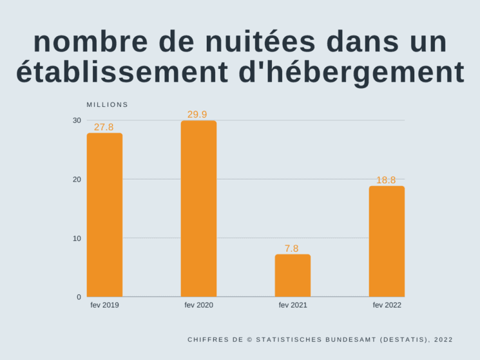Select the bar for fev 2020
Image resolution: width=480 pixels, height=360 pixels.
198,209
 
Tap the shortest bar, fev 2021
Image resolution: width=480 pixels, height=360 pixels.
293,275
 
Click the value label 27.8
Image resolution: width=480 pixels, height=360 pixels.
104,128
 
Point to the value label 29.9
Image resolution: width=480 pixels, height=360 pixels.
197,115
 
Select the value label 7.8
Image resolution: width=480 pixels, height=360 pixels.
292,249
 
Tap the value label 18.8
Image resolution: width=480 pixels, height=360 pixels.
386,180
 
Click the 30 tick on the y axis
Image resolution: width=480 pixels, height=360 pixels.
77,120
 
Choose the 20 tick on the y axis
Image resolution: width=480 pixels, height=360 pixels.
77,179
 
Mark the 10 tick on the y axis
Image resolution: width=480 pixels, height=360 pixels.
77,238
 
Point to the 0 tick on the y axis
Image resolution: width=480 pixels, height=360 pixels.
79,297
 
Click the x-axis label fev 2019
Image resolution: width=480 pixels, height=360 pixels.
104,305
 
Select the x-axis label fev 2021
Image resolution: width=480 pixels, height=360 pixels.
293,305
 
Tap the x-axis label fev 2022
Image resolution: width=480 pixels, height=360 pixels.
387,305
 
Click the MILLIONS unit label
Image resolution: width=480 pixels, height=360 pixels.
108,105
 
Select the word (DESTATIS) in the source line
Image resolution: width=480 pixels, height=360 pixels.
403,339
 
